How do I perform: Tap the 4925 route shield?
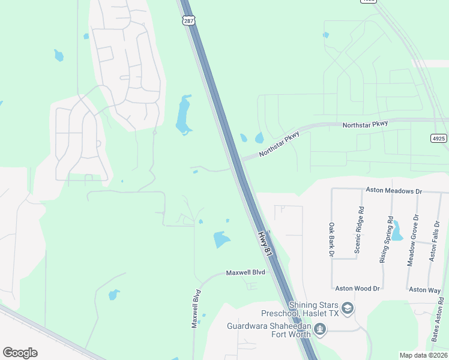[x=439, y=138]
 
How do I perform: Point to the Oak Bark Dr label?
[x=331, y=239]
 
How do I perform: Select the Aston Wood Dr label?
[x=358, y=289]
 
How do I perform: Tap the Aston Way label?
[x=425, y=290]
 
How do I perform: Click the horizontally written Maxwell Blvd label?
[x=246, y=272]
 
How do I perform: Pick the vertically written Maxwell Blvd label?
[x=195, y=310]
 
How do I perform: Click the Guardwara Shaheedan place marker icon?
[x=320, y=329]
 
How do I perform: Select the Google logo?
[x=20, y=353]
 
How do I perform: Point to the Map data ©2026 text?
[x=423, y=355]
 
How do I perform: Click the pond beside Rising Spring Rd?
[x=396, y=230]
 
